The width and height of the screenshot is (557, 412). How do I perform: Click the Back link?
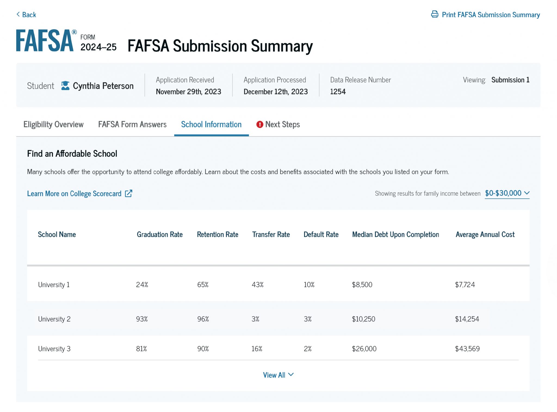(26, 15)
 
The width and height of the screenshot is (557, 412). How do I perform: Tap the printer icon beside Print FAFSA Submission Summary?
(435, 14)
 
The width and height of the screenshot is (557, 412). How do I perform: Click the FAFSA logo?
(45, 41)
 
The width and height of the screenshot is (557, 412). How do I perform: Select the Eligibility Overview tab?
(53, 125)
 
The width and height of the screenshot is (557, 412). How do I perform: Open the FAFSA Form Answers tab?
(132, 125)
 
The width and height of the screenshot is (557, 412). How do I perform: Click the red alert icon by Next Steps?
(260, 125)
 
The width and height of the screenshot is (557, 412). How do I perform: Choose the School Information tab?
(211, 125)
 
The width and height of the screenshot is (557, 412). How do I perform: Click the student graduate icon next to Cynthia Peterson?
(65, 86)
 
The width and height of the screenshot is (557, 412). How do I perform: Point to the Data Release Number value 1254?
(338, 92)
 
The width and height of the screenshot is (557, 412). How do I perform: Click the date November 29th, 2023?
(188, 92)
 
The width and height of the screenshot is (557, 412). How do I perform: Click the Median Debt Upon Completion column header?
(395, 235)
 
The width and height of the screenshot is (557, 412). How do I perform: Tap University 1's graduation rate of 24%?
(142, 285)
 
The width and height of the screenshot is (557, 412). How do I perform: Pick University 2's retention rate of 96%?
(203, 319)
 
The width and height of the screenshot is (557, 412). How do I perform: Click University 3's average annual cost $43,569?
(467, 349)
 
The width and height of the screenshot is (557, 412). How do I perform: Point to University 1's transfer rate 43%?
(258, 285)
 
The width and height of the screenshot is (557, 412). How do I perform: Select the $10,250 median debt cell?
(363, 319)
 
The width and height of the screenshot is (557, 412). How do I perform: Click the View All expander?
(278, 375)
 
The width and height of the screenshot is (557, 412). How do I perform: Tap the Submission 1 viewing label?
(510, 80)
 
